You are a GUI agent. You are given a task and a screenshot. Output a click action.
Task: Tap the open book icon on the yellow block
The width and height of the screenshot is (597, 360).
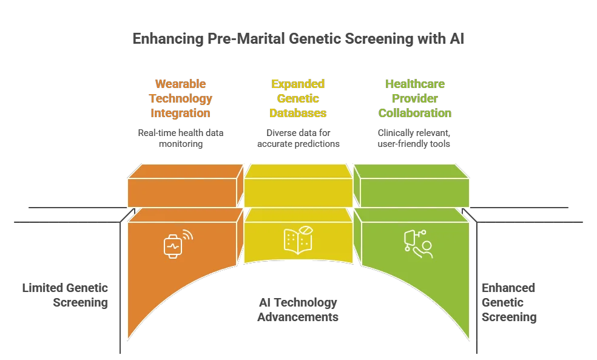[298, 240]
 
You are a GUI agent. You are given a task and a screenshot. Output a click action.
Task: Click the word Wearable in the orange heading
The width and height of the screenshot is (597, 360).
[180, 84]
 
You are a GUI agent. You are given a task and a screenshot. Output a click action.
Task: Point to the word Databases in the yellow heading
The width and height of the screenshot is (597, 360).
[298, 113]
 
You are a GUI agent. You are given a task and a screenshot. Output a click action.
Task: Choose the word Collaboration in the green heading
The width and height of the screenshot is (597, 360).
[415, 113]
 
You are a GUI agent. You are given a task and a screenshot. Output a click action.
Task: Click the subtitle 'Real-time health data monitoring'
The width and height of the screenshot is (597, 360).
[180, 138]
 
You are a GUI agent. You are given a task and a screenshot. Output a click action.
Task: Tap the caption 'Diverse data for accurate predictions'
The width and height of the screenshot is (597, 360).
[298, 138]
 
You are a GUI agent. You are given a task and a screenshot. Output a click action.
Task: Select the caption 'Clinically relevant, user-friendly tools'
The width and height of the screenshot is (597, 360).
[415, 138]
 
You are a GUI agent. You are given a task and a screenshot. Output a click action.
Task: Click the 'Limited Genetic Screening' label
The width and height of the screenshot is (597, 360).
[65, 295]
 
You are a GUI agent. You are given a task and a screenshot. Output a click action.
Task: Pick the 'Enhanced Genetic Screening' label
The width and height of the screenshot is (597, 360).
[508, 302]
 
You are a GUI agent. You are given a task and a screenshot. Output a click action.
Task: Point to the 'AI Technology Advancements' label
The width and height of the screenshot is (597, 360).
[298, 310]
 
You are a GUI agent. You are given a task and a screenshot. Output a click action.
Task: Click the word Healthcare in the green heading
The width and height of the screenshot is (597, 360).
[415, 84]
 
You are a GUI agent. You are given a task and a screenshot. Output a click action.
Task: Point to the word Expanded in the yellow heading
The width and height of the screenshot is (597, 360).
[298, 84]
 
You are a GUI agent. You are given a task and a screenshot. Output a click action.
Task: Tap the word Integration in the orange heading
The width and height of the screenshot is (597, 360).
[180, 113]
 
